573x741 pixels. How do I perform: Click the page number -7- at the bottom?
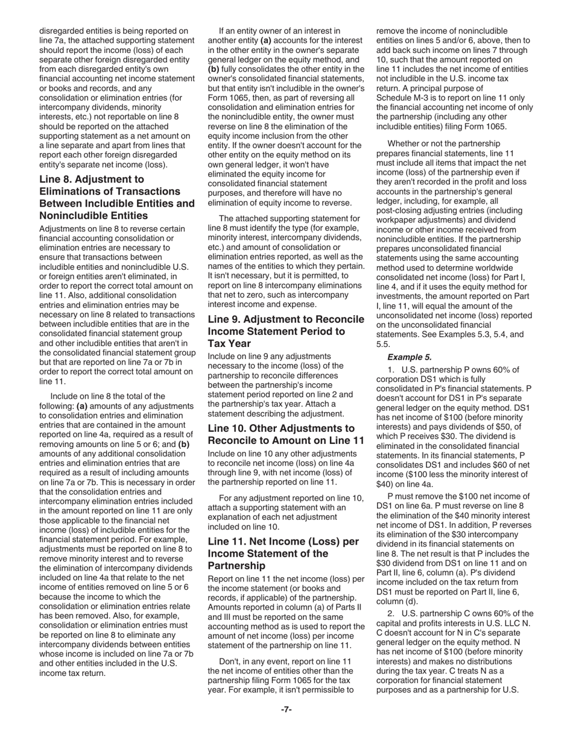tap(286, 709)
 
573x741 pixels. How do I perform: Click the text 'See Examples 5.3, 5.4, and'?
tap(449, 334)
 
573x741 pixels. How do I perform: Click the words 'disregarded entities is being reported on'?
tap(113, 31)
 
